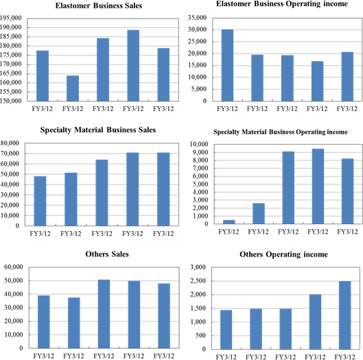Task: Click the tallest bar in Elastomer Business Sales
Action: [x=133, y=65]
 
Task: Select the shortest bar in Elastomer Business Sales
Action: [x=73, y=88]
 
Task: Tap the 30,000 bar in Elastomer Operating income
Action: [x=227, y=65]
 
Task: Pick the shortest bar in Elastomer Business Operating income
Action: [x=317, y=81]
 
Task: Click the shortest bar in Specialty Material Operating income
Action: [x=229, y=222]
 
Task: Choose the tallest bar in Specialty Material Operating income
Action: [x=318, y=187]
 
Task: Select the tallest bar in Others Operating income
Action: [x=345, y=315]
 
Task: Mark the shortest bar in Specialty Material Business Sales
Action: [x=40, y=201]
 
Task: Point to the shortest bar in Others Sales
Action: [x=74, y=323]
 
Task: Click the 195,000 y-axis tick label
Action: [x=10, y=18]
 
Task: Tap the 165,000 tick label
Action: [x=10, y=73]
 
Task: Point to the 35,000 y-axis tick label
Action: [x=197, y=18]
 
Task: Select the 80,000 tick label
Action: [x=10, y=143]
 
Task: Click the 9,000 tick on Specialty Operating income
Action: [x=200, y=152]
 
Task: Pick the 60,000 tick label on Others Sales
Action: [x=14, y=267]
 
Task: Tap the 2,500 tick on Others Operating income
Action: [x=198, y=281]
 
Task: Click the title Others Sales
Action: [x=107, y=254]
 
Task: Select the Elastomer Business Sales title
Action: [x=99, y=5]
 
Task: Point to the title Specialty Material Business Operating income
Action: [x=281, y=132]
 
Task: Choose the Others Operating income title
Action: [x=283, y=254]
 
